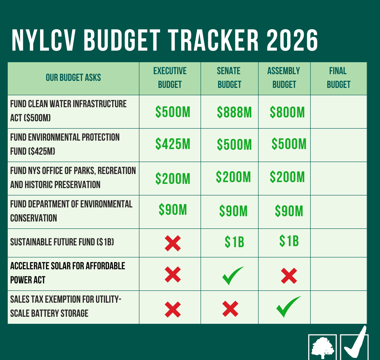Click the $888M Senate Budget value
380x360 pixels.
click(x=234, y=112)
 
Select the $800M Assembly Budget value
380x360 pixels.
click(x=287, y=112)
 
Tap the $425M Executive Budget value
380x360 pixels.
click(x=173, y=144)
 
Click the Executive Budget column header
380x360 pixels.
click(x=170, y=78)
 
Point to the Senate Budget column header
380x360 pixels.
click(x=229, y=78)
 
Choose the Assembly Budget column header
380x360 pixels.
click(x=284, y=78)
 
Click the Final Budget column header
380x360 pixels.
click(x=338, y=78)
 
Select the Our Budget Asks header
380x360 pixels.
click(x=73, y=78)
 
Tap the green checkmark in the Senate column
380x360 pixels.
click(x=233, y=276)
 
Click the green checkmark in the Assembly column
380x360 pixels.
click(x=288, y=307)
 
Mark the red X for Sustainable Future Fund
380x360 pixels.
click(x=173, y=243)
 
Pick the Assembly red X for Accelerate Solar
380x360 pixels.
click(x=289, y=276)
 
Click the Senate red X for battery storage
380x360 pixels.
click(x=230, y=309)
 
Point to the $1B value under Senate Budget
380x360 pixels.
click(x=234, y=242)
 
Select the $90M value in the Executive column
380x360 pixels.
click(x=173, y=210)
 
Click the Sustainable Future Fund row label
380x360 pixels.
click(x=62, y=242)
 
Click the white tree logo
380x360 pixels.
click(x=322, y=347)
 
